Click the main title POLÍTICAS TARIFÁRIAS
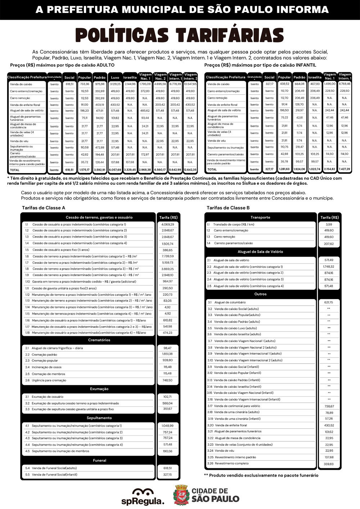click(x=180, y=36)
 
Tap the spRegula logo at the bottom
click(x=148, y=496)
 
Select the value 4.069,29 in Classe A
click(x=168, y=224)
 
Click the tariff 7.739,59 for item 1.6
click(x=168, y=256)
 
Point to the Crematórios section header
click(x=99, y=340)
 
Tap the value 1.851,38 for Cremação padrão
click(x=167, y=354)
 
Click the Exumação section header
click(x=99, y=389)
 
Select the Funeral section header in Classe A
click(x=99, y=460)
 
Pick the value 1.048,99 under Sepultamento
click(x=167, y=425)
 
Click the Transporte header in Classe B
click(x=260, y=217)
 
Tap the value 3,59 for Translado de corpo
click(x=329, y=224)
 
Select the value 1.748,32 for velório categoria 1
click(x=329, y=267)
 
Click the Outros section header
click(x=260, y=294)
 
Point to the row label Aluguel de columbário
click(x=230, y=302)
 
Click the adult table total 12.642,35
click(x=190, y=170)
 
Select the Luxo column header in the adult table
click(x=115, y=77)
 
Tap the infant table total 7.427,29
click(x=344, y=169)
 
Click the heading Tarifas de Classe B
click(x=228, y=208)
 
